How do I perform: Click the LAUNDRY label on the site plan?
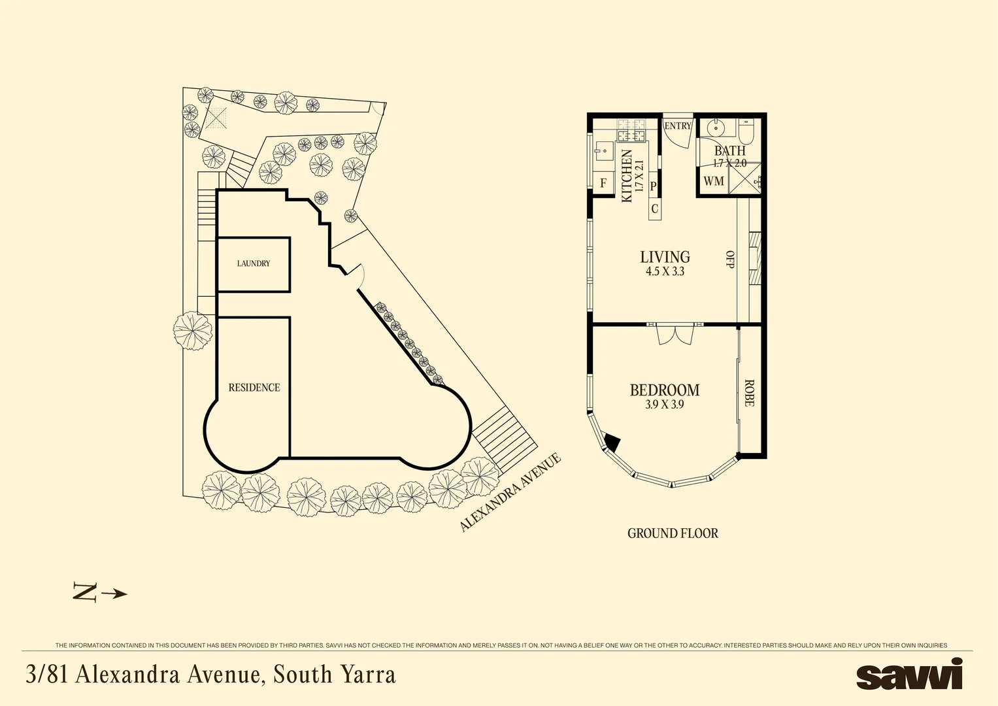pyautogui.click(x=254, y=263)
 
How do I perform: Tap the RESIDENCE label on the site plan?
pyautogui.click(x=254, y=388)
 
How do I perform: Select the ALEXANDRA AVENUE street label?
pyautogui.click(x=510, y=492)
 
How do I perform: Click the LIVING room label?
pyautogui.click(x=665, y=257)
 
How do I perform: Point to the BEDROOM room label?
pyautogui.click(x=665, y=390)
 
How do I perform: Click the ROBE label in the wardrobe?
pyautogui.click(x=749, y=393)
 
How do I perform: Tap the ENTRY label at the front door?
pyautogui.click(x=678, y=126)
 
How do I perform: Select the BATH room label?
pyautogui.click(x=729, y=151)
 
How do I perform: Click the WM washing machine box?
pyautogui.click(x=714, y=181)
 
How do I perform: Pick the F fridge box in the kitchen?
pyautogui.click(x=603, y=184)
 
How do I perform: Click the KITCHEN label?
pyautogui.click(x=627, y=176)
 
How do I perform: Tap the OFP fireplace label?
pyautogui.click(x=730, y=260)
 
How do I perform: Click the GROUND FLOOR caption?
pyautogui.click(x=673, y=533)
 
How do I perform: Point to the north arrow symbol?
pyautogui.click(x=99, y=593)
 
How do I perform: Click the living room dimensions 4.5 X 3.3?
pyautogui.click(x=665, y=271)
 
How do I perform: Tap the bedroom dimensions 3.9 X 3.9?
pyautogui.click(x=665, y=405)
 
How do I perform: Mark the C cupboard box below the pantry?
pyautogui.click(x=655, y=209)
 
